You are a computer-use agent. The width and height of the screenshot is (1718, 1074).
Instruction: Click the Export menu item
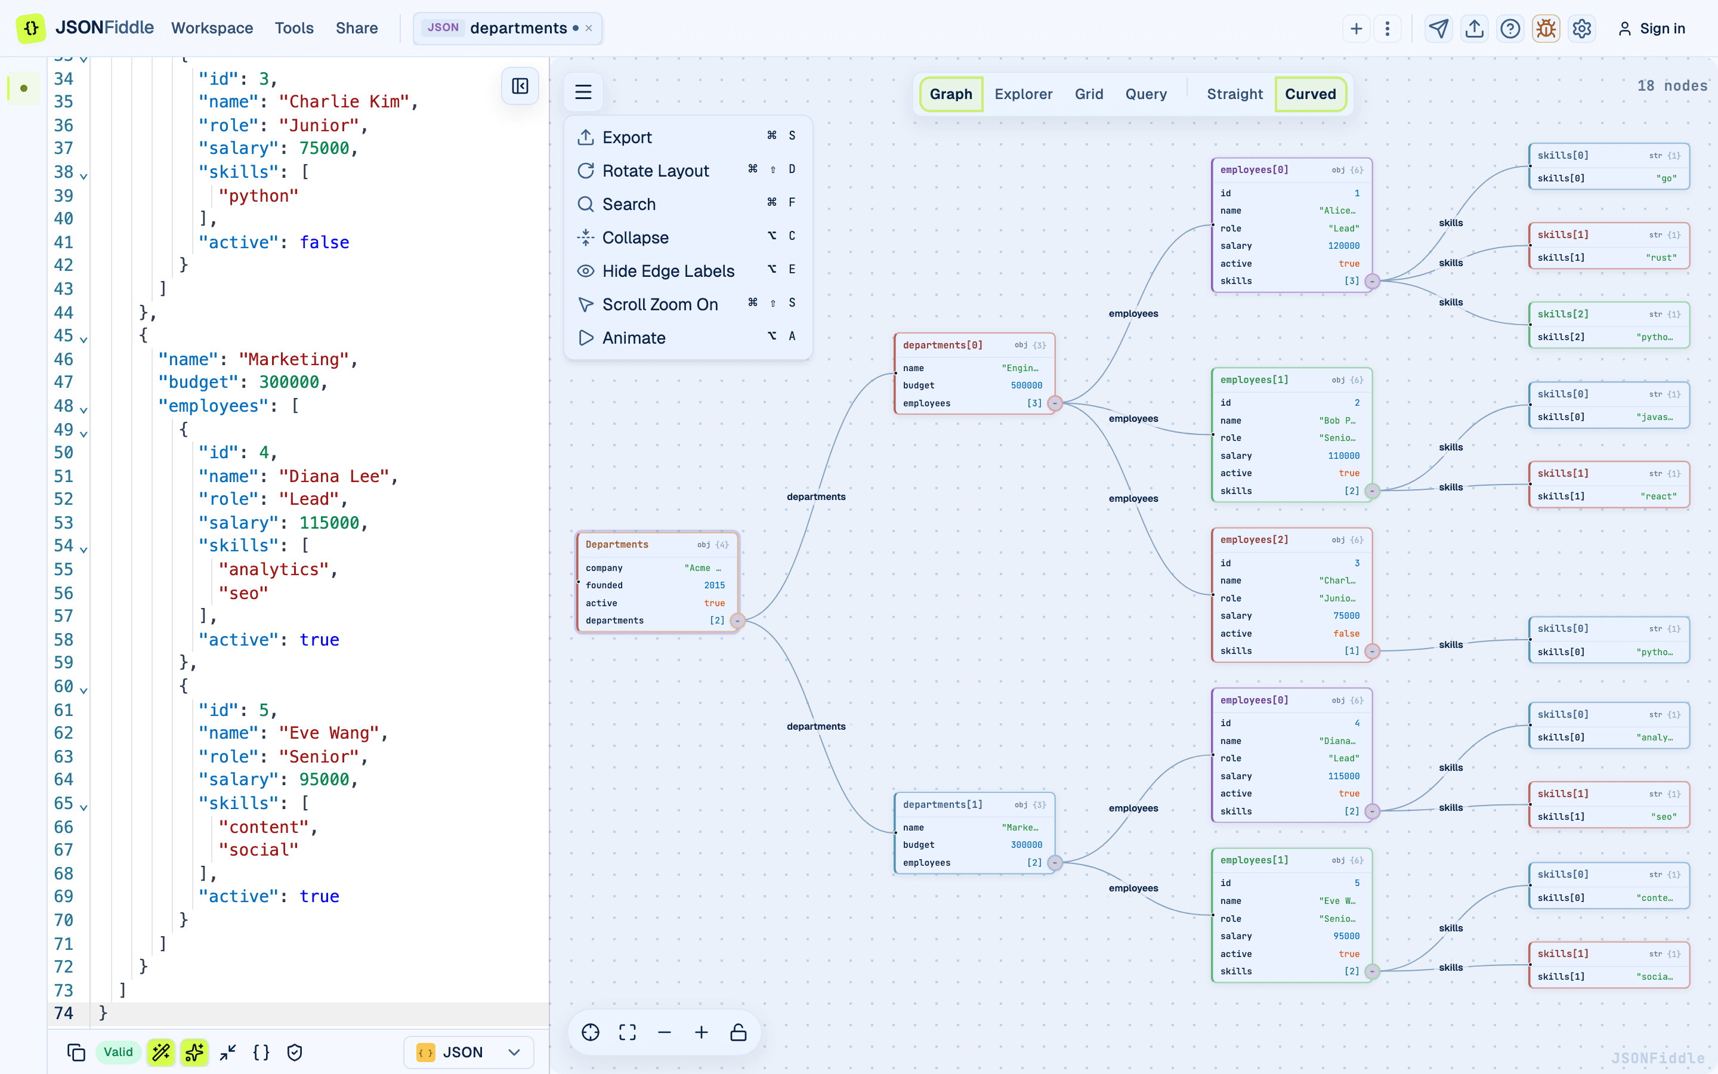click(x=687, y=137)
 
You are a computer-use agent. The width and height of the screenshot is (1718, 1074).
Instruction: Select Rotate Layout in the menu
click(x=687, y=171)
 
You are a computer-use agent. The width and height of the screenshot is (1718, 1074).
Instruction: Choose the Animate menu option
click(x=687, y=337)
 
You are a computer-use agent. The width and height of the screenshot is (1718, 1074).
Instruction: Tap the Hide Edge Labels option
click(x=687, y=271)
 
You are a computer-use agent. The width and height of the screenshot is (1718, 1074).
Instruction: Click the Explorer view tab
click(x=1023, y=94)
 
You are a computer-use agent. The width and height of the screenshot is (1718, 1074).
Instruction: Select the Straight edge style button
click(x=1235, y=94)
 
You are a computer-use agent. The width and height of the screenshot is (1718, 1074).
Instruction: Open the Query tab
click(x=1146, y=94)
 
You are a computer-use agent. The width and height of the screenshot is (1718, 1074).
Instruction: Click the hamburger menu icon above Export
click(x=583, y=92)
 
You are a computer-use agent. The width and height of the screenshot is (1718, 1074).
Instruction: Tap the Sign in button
click(x=1651, y=29)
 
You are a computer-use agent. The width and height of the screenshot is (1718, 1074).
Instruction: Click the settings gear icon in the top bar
click(x=1582, y=29)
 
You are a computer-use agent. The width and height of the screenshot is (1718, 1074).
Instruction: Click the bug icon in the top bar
click(x=1546, y=29)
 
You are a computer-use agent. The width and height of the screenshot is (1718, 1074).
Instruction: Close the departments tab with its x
click(x=589, y=29)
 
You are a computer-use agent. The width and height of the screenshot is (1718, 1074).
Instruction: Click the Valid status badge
click(x=118, y=1052)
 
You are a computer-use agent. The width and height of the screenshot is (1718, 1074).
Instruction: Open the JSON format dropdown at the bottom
click(x=468, y=1052)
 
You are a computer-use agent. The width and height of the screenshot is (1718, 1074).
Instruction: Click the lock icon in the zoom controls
click(x=739, y=1032)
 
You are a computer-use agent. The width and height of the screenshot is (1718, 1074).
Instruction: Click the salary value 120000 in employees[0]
click(x=1344, y=246)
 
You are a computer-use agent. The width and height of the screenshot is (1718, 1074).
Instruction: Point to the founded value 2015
click(x=714, y=585)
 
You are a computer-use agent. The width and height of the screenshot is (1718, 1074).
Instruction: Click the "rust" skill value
click(x=1661, y=258)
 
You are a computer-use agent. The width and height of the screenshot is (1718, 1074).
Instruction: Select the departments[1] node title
click(x=943, y=805)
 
